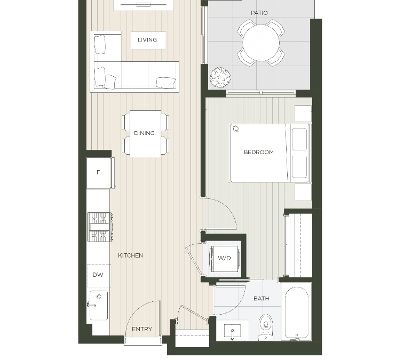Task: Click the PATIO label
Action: (x=259, y=13)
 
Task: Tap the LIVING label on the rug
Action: (x=147, y=40)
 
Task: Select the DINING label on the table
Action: (x=145, y=133)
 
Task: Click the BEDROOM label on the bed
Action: (x=259, y=153)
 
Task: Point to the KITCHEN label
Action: (x=131, y=255)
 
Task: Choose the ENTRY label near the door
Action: (x=142, y=330)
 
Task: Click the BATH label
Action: (x=262, y=299)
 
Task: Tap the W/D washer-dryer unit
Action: (x=225, y=259)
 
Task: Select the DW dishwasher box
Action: (x=98, y=275)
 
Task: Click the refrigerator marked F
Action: (x=98, y=173)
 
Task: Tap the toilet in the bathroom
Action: (x=265, y=326)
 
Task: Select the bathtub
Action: (x=297, y=313)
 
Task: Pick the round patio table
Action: (x=261, y=43)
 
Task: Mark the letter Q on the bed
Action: (x=235, y=129)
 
